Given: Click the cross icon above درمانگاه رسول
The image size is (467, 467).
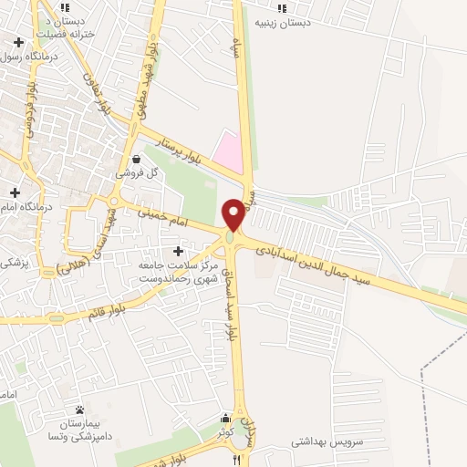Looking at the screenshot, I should tap(19, 42).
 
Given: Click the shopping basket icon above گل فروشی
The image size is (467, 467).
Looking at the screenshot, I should tap(136, 158).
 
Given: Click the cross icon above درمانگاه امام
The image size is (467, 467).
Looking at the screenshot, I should tap(15, 192).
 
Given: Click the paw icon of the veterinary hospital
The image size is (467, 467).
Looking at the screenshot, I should tap(81, 410).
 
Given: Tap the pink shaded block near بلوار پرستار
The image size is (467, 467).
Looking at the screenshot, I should tap(231, 150).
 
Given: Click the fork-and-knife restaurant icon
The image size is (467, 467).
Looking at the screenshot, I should tap(237, 459).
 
